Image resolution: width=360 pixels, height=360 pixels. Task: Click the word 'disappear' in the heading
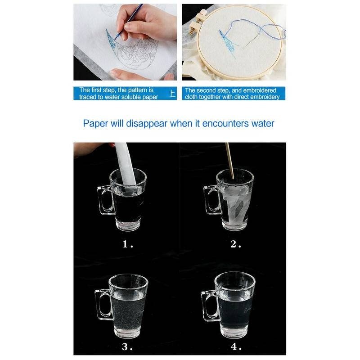coord(147,124)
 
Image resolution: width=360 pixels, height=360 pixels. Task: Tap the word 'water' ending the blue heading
coord(263,123)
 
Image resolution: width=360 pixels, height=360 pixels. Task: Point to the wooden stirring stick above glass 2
coord(229,160)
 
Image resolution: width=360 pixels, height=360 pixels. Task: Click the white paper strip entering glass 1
coord(126,165)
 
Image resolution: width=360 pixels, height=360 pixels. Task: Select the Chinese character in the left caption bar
coord(173,94)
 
